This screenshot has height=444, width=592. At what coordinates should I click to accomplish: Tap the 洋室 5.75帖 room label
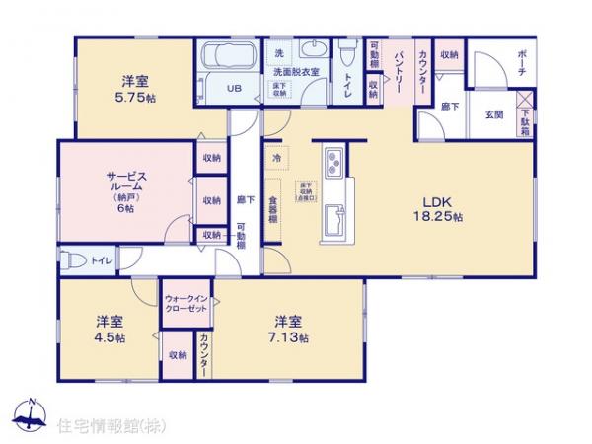[x=136, y=90]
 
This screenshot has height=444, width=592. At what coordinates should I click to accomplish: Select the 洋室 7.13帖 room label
[x=287, y=330]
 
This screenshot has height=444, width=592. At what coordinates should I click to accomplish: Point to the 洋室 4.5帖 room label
[x=110, y=330]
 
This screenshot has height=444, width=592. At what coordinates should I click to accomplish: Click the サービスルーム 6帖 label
[x=125, y=190]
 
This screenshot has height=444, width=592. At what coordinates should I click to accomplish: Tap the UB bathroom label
[x=234, y=89]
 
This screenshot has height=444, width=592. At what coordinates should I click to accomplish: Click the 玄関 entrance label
[x=492, y=114]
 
